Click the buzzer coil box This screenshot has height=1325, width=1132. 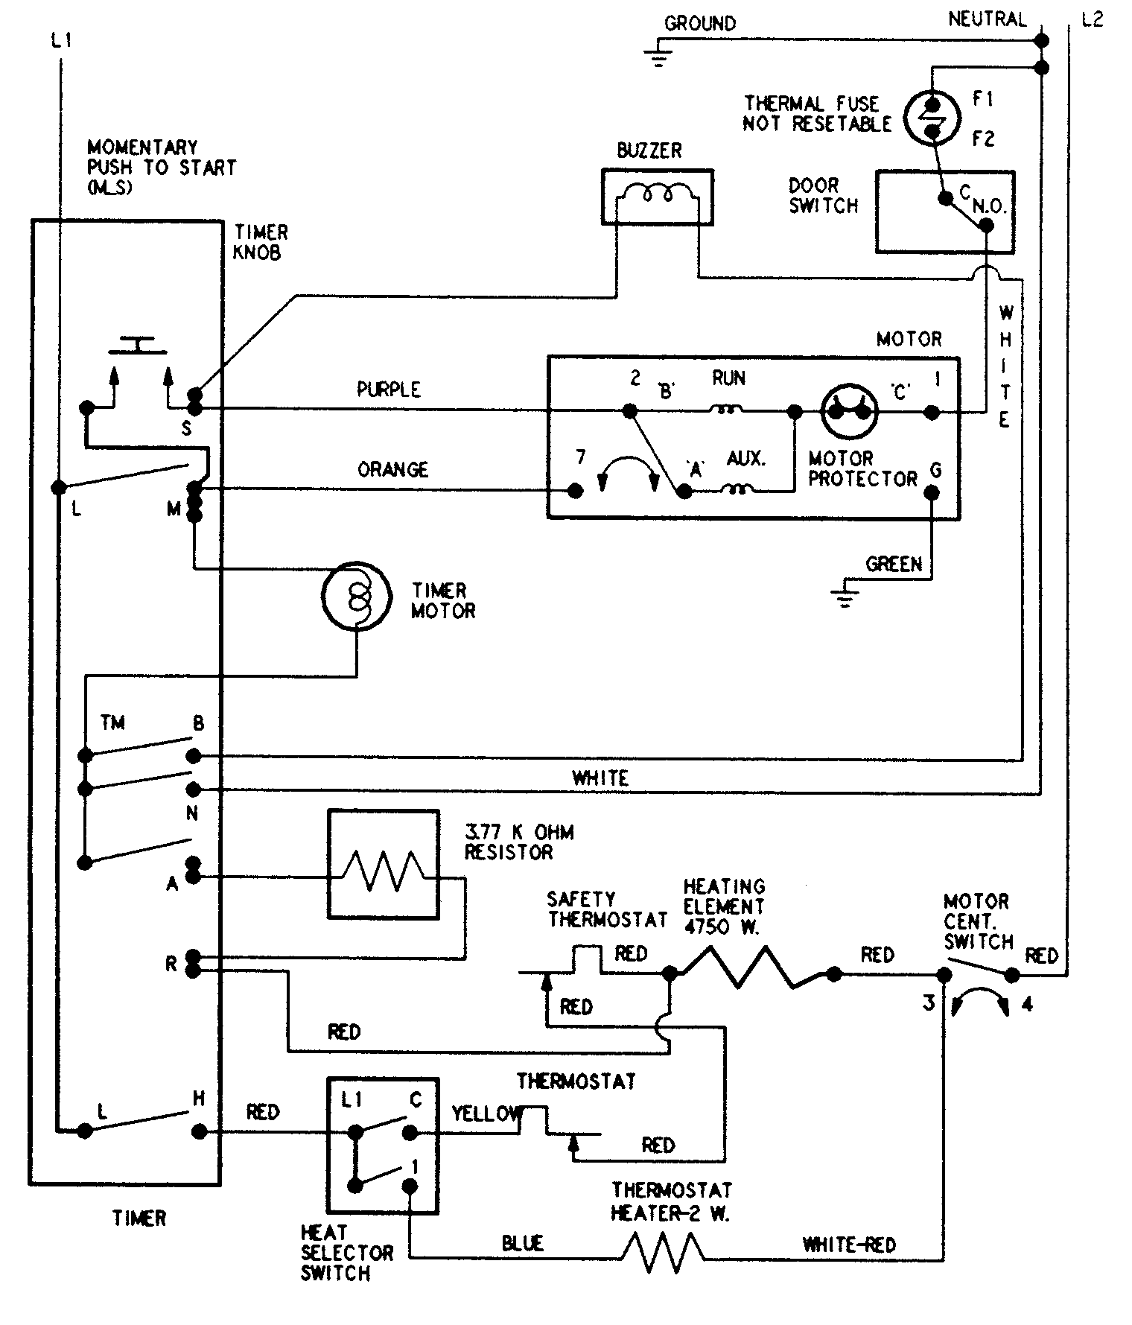pos(657,197)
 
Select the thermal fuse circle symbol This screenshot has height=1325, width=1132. pos(932,116)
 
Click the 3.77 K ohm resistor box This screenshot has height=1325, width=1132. pos(382,864)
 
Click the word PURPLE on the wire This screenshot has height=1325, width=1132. pos(389,390)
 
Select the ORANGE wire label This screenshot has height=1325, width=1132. pos(392,470)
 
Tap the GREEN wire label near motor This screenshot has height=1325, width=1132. pos(893,565)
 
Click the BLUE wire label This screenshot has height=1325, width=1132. pos(522,1243)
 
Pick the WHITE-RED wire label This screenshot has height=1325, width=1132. pos(848,1245)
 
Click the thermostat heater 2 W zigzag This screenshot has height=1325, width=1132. pos(662,1252)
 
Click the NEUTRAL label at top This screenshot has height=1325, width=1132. pos(987,19)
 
